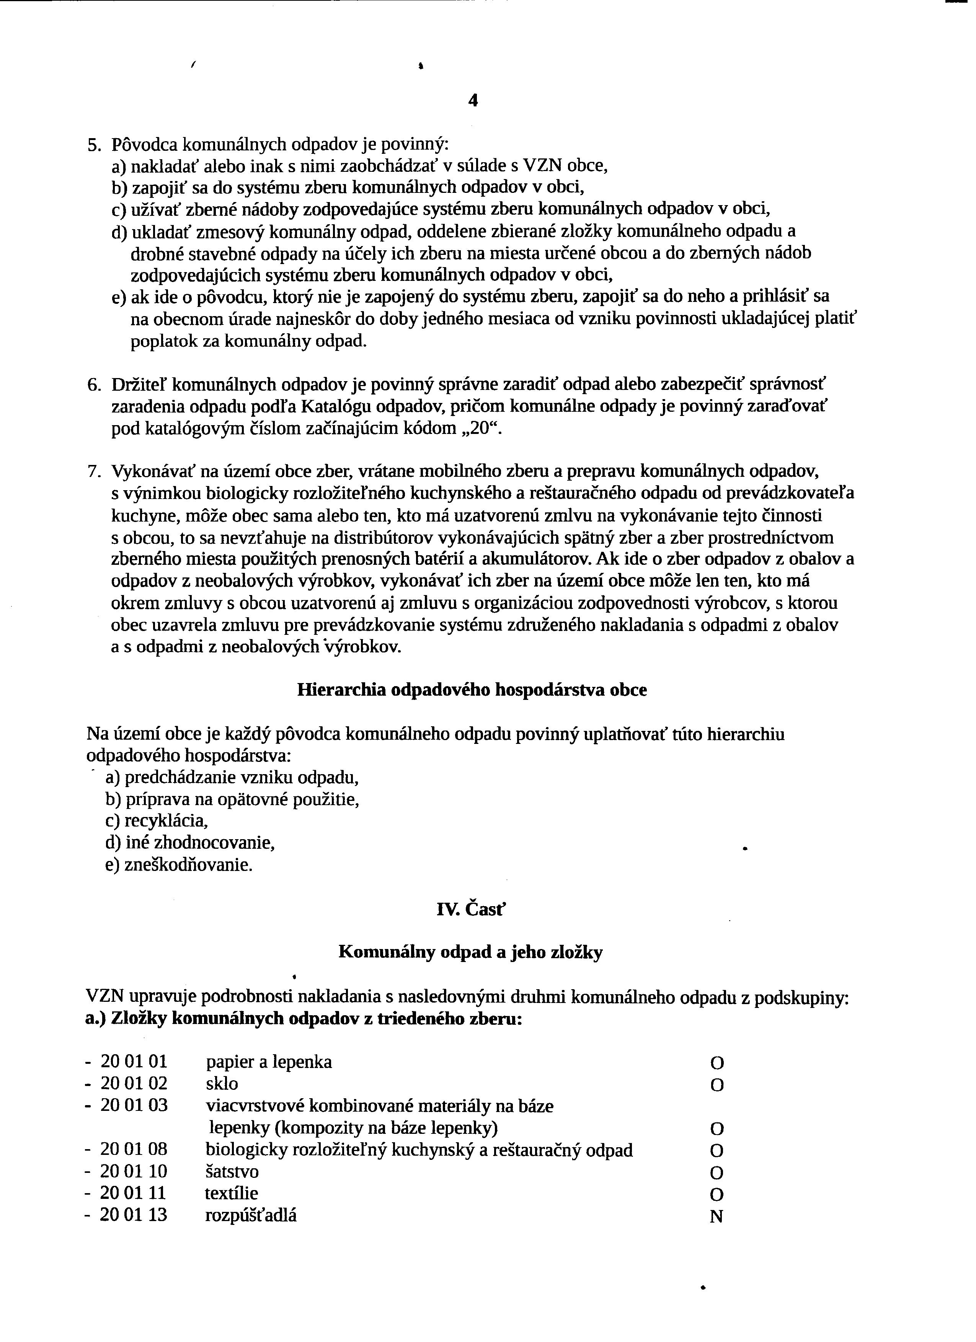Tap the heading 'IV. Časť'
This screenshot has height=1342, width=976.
[471, 910]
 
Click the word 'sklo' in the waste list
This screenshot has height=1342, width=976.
[222, 1083]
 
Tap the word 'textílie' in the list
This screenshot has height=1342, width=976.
[232, 1193]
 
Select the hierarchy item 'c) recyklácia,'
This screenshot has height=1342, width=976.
[157, 821]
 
